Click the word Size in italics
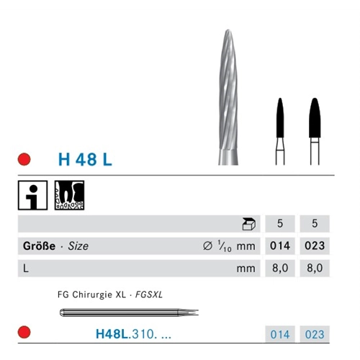(78, 246)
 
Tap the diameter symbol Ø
(207, 246)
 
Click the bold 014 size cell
(279, 246)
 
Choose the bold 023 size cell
(314, 246)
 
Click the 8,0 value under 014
(279, 269)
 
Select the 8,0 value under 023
(314, 269)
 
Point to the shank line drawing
(122, 312)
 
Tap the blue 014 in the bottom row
(279, 335)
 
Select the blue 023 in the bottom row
(314, 335)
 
